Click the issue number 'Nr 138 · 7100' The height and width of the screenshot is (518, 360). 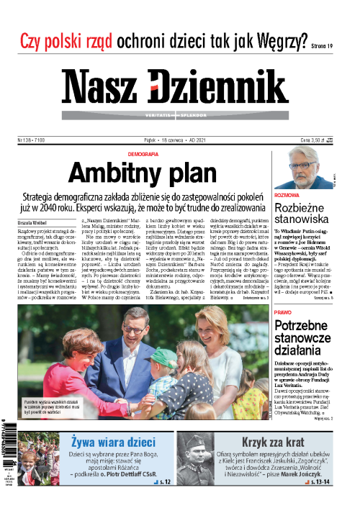tap(32, 142)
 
